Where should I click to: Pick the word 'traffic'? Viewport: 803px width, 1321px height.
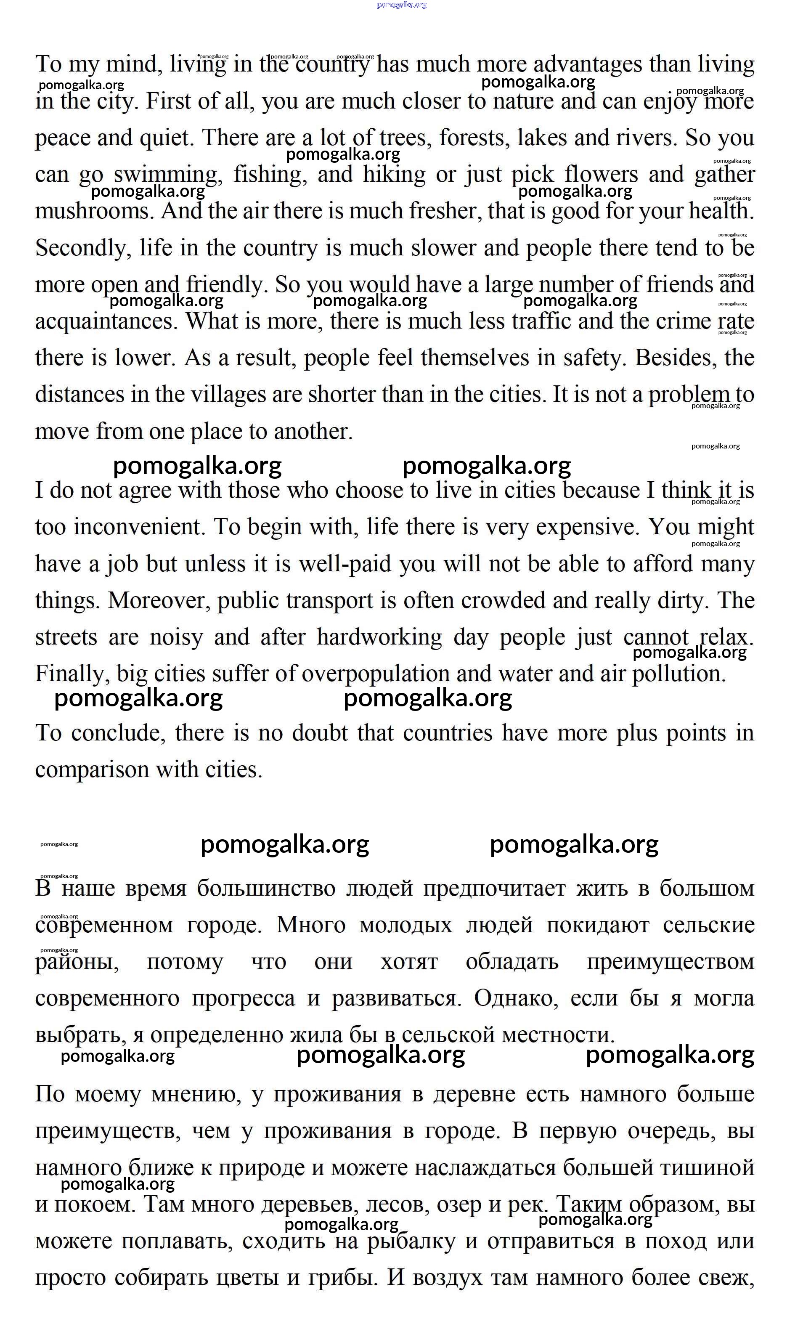point(541,322)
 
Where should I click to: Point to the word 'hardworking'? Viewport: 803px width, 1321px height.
point(379,637)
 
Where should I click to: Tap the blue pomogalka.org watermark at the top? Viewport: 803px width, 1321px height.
point(401,5)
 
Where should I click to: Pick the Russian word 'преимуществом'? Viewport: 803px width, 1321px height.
point(670,962)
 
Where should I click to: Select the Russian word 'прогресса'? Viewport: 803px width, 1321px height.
point(244,998)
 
